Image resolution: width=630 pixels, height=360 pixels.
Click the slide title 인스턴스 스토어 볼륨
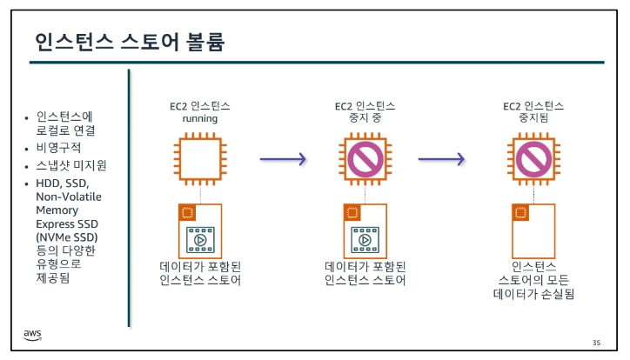130,43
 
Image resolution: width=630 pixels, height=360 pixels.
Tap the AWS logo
33,335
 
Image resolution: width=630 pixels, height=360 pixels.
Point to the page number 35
596,342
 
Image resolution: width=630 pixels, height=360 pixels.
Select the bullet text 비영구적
58,147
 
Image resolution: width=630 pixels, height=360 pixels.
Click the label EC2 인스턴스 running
199,111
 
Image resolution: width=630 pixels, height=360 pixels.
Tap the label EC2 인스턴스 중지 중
365,111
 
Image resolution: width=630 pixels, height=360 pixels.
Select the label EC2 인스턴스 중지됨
531,111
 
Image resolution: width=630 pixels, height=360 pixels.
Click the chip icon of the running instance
199,158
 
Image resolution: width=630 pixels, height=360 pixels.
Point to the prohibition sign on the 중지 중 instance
365,158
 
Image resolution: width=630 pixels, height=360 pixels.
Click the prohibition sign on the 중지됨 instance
531,158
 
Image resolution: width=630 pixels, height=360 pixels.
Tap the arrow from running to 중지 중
283,159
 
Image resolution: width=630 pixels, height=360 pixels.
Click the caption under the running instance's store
199,273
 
